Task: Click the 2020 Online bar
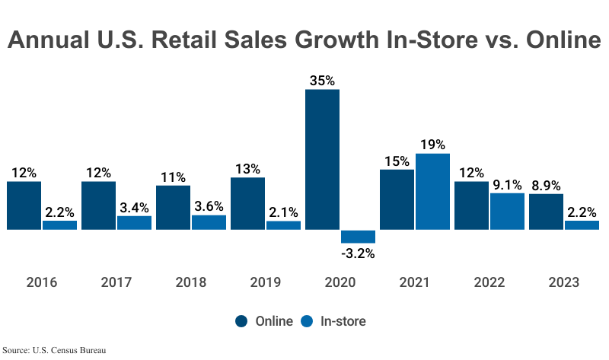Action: [x=322, y=159]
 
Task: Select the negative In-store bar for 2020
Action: [x=358, y=236]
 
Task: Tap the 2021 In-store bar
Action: [x=432, y=191]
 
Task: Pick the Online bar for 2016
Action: [x=24, y=205]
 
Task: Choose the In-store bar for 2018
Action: [x=209, y=222]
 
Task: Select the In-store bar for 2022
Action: [x=507, y=211]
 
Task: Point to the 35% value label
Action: [x=322, y=80]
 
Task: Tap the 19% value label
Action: [x=432, y=145]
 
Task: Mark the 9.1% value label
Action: [x=507, y=184]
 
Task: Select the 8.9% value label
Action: [x=546, y=185]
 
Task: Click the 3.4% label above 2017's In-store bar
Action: [x=134, y=206]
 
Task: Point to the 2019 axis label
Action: [x=265, y=282]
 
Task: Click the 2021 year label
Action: [x=414, y=282]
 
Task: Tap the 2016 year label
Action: [x=41, y=282]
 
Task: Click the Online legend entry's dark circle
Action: [x=241, y=321]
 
